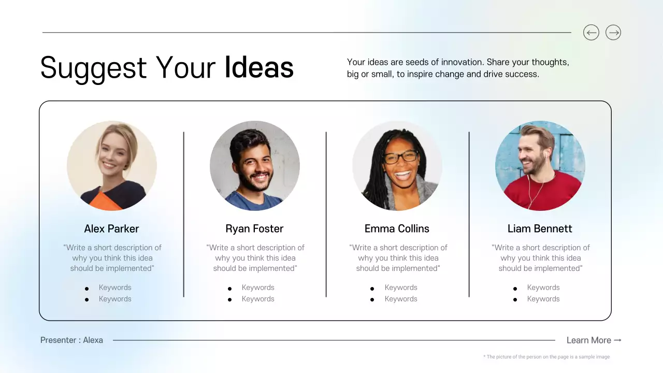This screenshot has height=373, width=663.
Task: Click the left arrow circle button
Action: [591, 33]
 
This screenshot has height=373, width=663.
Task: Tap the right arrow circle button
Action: [613, 33]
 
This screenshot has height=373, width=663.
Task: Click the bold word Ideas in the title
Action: [259, 68]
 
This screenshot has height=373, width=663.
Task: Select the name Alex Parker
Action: [111, 228]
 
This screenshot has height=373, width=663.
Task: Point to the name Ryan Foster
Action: [254, 228]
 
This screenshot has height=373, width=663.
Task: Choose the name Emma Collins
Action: [397, 228]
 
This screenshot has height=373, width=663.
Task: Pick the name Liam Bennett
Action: [540, 228]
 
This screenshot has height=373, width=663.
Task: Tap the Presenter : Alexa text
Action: [71, 340]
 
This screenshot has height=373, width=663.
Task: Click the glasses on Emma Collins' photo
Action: [401, 156]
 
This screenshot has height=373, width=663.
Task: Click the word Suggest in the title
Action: [94, 68]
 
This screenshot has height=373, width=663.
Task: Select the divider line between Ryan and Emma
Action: [326, 214]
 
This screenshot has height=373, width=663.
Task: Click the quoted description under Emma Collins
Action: [398, 258]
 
